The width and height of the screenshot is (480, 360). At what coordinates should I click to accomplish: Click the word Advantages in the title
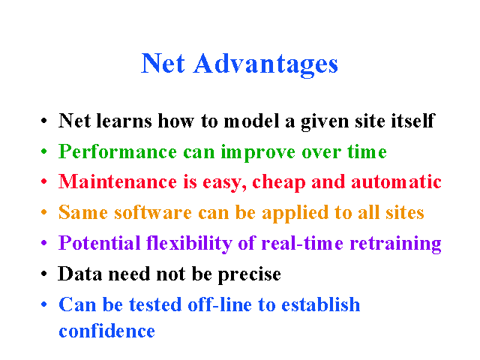click(265, 64)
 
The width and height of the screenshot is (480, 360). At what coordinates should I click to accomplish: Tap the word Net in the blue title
click(163, 63)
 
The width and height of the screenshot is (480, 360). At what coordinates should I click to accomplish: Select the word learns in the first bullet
click(124, 121)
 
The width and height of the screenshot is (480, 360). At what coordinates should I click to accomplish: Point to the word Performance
click(118, 151)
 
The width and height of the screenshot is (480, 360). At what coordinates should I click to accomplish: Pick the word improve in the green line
click(258, 152)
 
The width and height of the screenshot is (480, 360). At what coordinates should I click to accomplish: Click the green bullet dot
click(44, 151)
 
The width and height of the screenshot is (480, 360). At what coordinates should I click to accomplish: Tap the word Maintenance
click(118, 181)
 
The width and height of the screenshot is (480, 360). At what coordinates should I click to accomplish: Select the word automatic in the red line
click(396, 181)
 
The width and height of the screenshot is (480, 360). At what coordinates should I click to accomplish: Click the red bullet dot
click(44, 181)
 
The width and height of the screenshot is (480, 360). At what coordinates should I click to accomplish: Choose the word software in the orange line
click(153, 212)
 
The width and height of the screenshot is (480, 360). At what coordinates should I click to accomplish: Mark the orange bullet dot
click(44, 211)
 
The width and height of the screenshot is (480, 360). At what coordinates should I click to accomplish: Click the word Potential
click(100, 243)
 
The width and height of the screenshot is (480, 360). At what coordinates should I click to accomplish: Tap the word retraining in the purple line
click(395, 244)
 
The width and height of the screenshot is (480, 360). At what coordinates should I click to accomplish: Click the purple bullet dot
click(44, 243)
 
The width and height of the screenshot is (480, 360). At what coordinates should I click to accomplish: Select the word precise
click(250, 274)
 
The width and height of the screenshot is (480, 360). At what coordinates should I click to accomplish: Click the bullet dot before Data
click(44, 273)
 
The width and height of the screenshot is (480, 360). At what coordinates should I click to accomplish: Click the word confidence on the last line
click(106, 331)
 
